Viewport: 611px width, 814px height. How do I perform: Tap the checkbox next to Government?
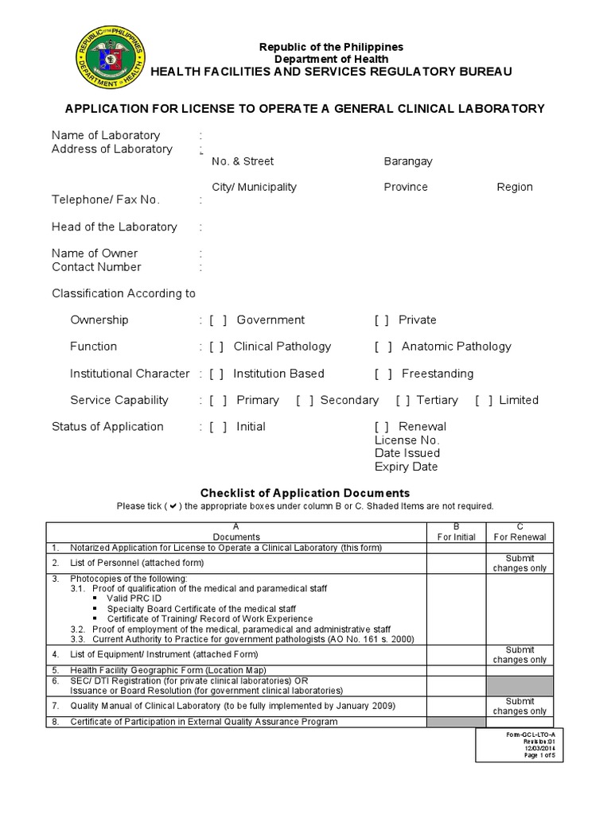click(x=219, y=320)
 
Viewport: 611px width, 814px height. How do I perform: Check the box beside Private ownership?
click(x=383, y=320)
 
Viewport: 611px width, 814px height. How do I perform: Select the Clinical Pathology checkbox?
click(x=217, y=347)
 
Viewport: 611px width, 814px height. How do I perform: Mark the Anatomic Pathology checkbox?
click(x=384, y=347)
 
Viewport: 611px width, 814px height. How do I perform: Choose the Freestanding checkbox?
click(x=384, y=374)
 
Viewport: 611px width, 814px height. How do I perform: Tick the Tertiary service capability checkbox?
click(x=403, y=401)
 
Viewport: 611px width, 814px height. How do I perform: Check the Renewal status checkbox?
click(x=382, y=427)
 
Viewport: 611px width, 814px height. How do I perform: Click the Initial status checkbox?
click(x=219, y=427)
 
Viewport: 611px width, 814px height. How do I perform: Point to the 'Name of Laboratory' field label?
click(x=106, y=135)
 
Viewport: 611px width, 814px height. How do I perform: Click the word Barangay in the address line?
click(x=408, y=161)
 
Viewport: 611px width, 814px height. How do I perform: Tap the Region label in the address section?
click(x=515, y=187)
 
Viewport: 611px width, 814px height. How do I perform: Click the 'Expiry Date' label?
click(x=406, y=467)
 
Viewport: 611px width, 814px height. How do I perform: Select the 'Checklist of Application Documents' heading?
click(x=305, y=493)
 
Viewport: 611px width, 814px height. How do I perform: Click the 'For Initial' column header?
click(x=457, y=537)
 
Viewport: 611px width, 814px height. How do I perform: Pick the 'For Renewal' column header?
click(x=520, y=537)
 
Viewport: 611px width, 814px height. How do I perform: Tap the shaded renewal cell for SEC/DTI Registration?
click(x=520, y=686)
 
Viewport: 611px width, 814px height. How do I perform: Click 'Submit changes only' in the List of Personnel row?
click(x=520, y=564)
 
